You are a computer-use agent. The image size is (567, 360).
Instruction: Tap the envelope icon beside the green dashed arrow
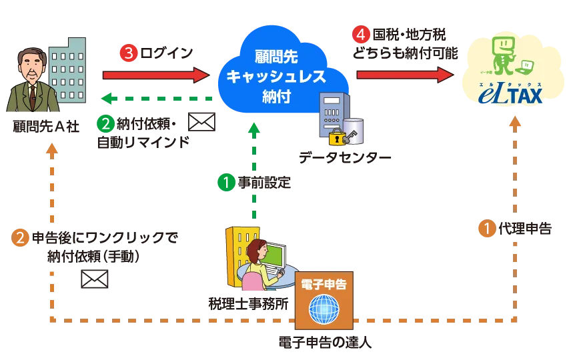coord(201,121)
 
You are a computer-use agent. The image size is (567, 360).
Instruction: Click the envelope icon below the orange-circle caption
coord(94,279)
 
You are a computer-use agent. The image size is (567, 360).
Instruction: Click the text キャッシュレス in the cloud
coord(275,77)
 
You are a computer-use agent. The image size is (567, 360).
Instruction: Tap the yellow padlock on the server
coord(336,138)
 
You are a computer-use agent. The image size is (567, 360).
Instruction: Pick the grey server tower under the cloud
coord(331,113)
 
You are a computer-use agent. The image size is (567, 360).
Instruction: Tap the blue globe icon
coord(324,309)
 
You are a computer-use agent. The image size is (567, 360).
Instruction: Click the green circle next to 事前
coord(227,182)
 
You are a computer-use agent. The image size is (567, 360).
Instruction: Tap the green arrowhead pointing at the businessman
coord(104,99)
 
